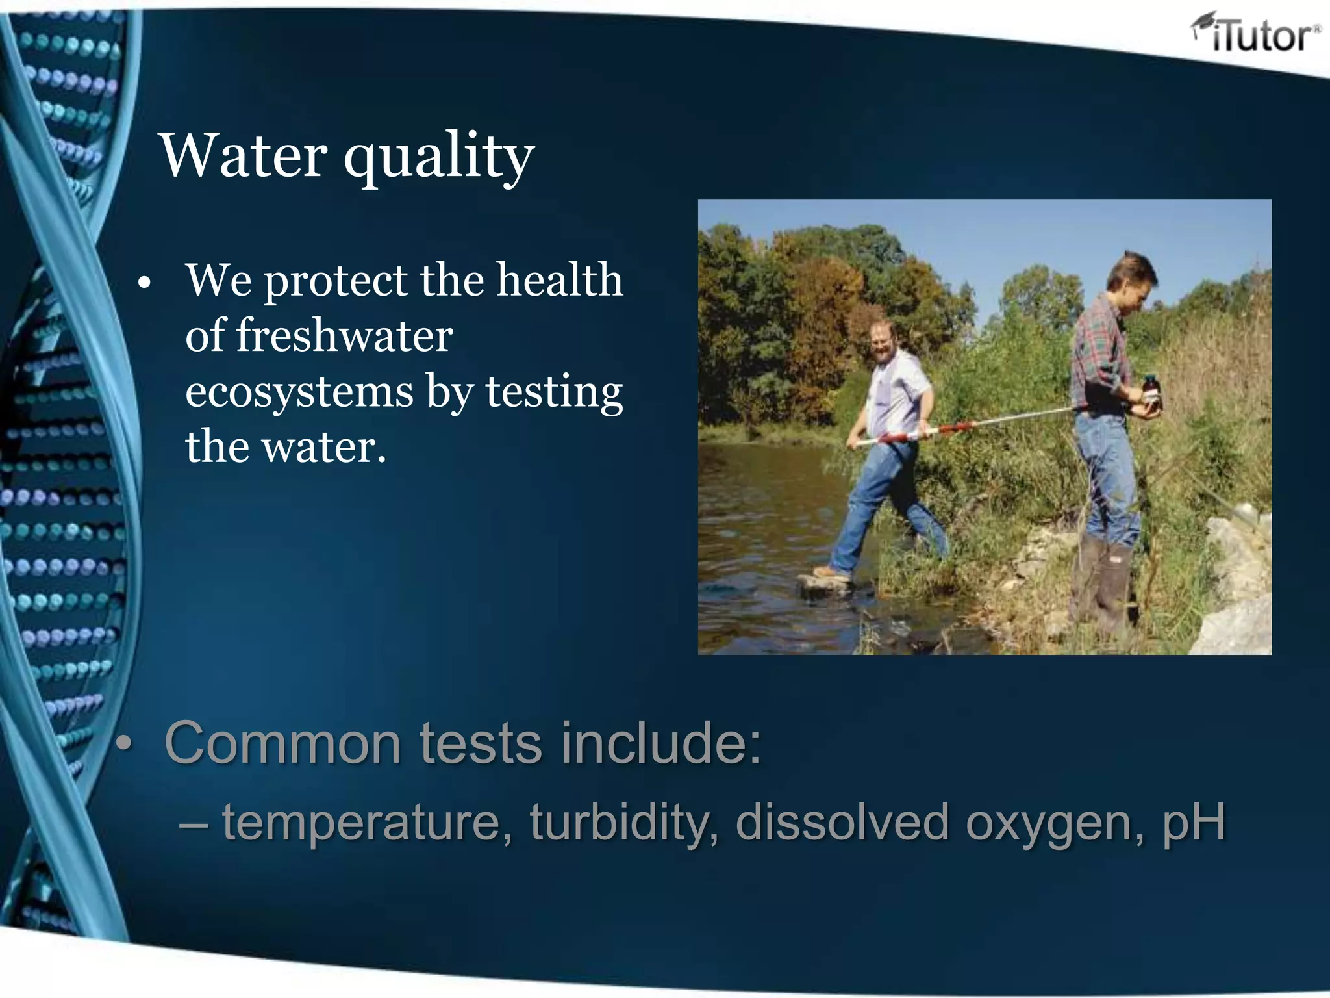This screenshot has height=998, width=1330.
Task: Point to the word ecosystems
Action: tap(299, 392)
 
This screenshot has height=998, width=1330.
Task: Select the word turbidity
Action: tap(624, 822)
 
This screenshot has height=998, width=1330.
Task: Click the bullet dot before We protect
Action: tap(144, 283)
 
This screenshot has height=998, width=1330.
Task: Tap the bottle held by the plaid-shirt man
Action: tap(1150, 392)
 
